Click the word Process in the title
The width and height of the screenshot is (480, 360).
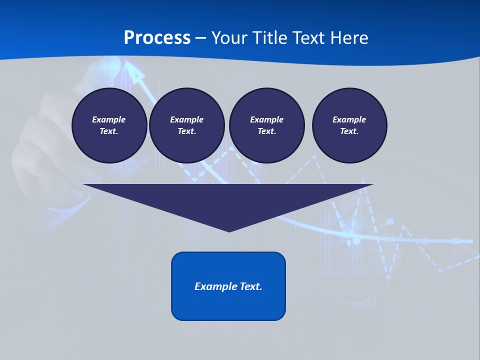[157, 37]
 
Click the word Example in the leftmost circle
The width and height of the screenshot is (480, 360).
[109, 119]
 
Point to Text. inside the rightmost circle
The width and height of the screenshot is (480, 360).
[349, 131]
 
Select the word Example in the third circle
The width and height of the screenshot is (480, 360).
[267, 119]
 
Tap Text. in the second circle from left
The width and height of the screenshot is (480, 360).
[187, 131]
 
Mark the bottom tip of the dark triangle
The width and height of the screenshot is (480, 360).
[229, 231]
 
